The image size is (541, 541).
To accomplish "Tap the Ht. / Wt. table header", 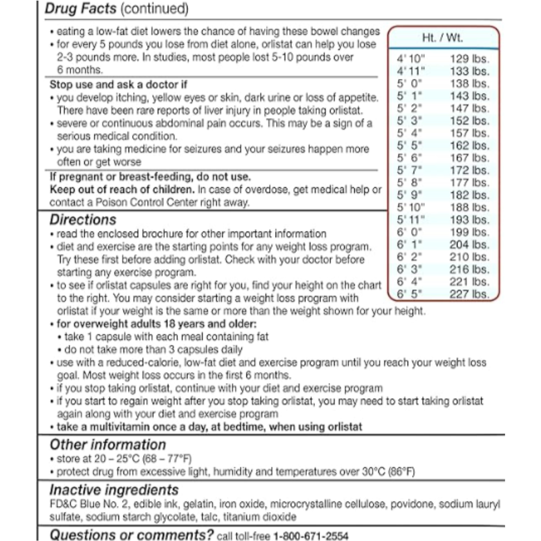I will click(x=442, y=38).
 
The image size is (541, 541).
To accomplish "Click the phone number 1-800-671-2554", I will click(x=311, y=535).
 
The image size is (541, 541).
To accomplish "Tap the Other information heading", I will click(x=108, y=445).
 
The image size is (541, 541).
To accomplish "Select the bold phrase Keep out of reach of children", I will click(x=122, y=190).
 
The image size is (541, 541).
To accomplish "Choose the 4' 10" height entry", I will click(x=411, y=59).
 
